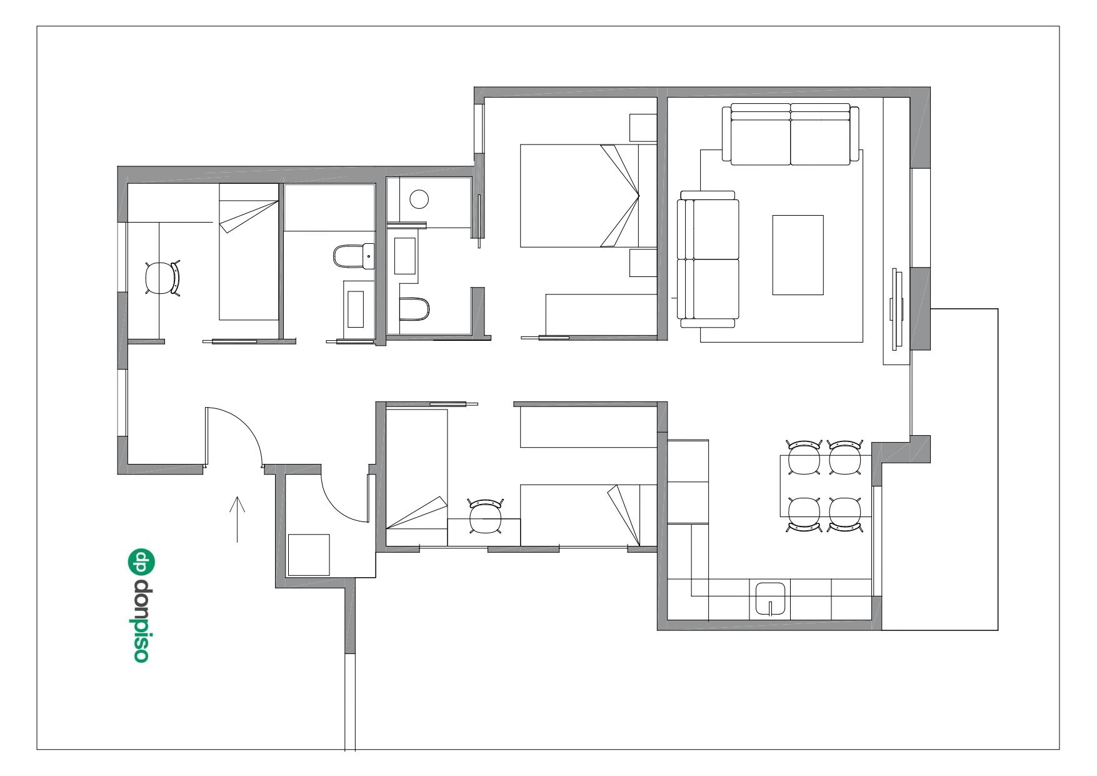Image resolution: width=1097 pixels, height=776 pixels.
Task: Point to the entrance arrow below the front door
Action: tap(237, 519)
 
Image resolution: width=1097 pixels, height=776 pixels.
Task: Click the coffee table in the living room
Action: tap(798, 254)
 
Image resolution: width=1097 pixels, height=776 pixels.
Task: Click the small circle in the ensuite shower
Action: tap(419, 200)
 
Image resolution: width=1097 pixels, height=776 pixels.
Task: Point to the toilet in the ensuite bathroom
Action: tap(415, 308)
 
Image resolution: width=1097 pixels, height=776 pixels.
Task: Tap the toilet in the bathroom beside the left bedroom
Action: tap(351, 256)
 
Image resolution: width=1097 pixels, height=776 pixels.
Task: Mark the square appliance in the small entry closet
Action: tap(308, 555)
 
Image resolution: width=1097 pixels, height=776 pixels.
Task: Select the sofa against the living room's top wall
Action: tap(791, 134)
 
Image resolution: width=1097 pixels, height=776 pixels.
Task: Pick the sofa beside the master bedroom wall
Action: tap(709, 259)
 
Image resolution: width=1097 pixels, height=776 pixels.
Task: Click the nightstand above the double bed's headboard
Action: tap(643, 128)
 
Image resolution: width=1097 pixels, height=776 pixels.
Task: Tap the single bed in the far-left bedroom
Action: tap(248, 253)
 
